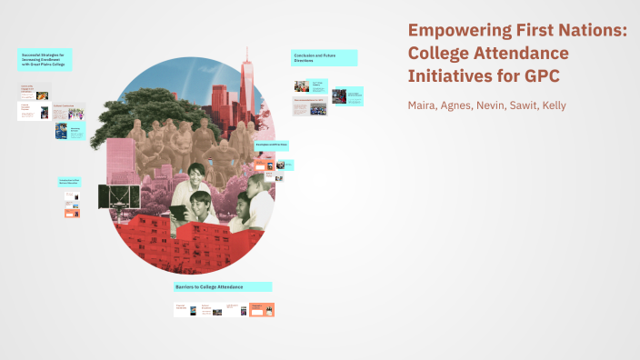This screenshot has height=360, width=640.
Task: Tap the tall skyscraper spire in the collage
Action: (x=245, y=68)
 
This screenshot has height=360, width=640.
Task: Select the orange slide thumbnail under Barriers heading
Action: (x=262, y=309)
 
